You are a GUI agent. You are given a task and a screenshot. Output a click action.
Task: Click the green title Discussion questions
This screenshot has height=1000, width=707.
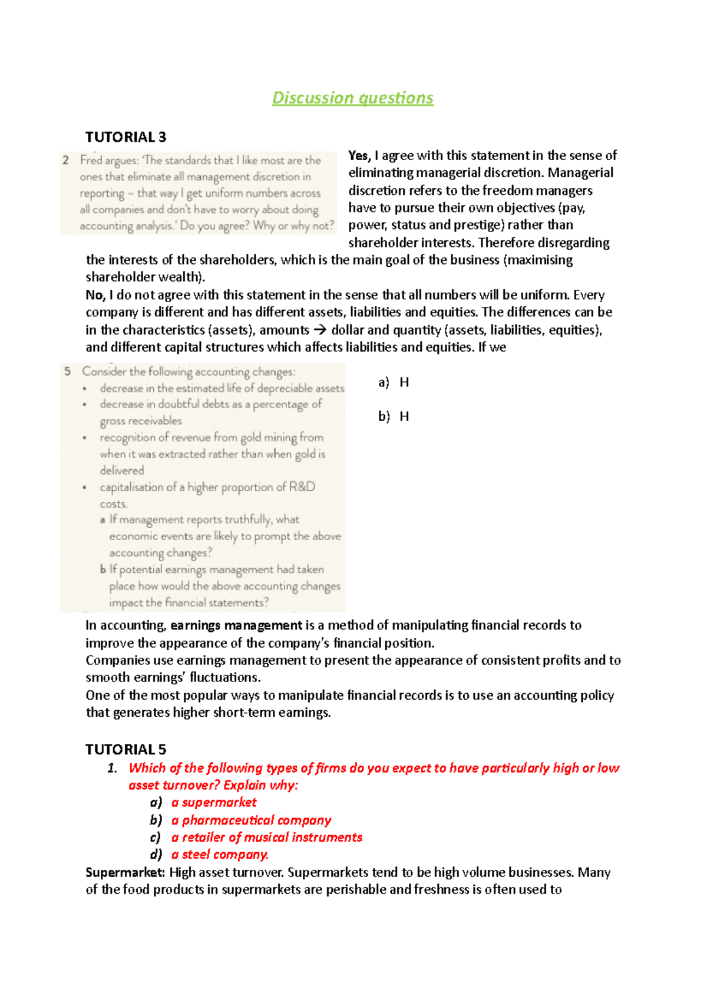pos(352,98)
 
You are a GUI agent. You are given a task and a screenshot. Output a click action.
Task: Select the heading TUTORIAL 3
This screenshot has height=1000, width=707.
pos(125,137)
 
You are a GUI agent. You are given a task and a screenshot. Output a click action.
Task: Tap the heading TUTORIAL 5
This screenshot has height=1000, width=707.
pos(125,749)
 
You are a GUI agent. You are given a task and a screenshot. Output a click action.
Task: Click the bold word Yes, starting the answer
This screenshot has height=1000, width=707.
pos(359,155)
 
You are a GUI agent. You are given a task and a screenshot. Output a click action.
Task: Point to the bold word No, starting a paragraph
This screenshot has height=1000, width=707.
pos(95,295)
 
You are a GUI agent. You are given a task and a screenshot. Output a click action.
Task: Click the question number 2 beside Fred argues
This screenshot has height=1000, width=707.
pos(66,160)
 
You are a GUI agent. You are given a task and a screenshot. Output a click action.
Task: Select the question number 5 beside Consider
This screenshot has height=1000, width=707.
pos(68,371)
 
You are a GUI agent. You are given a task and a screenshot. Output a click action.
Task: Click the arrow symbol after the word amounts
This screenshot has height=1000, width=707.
pos(319,330)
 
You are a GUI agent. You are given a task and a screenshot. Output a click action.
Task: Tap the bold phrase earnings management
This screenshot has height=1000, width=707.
pos(236,625)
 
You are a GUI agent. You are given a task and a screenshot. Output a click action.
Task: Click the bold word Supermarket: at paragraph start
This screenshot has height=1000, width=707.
pos(125,872)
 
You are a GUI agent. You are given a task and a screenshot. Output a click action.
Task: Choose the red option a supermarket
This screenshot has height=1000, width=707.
pos(214,802)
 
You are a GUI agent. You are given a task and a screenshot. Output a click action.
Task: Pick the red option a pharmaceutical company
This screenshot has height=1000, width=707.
pos(251,820)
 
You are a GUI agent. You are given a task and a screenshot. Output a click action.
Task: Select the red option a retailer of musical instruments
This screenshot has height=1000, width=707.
pos(267,837)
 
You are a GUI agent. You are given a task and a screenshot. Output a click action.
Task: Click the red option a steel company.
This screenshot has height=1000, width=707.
pos(220,855)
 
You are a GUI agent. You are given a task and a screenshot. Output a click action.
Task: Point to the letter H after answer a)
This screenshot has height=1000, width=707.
pos(404,383)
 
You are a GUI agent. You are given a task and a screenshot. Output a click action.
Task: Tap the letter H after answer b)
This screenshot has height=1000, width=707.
pos(404,417)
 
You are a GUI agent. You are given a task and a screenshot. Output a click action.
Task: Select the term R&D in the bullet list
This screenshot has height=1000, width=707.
pos(302,487)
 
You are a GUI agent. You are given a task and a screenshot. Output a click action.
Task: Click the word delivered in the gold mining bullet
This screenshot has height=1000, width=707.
pos(122,471)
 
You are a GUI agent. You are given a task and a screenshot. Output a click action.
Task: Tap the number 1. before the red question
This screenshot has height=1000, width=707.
pos(112,768)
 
